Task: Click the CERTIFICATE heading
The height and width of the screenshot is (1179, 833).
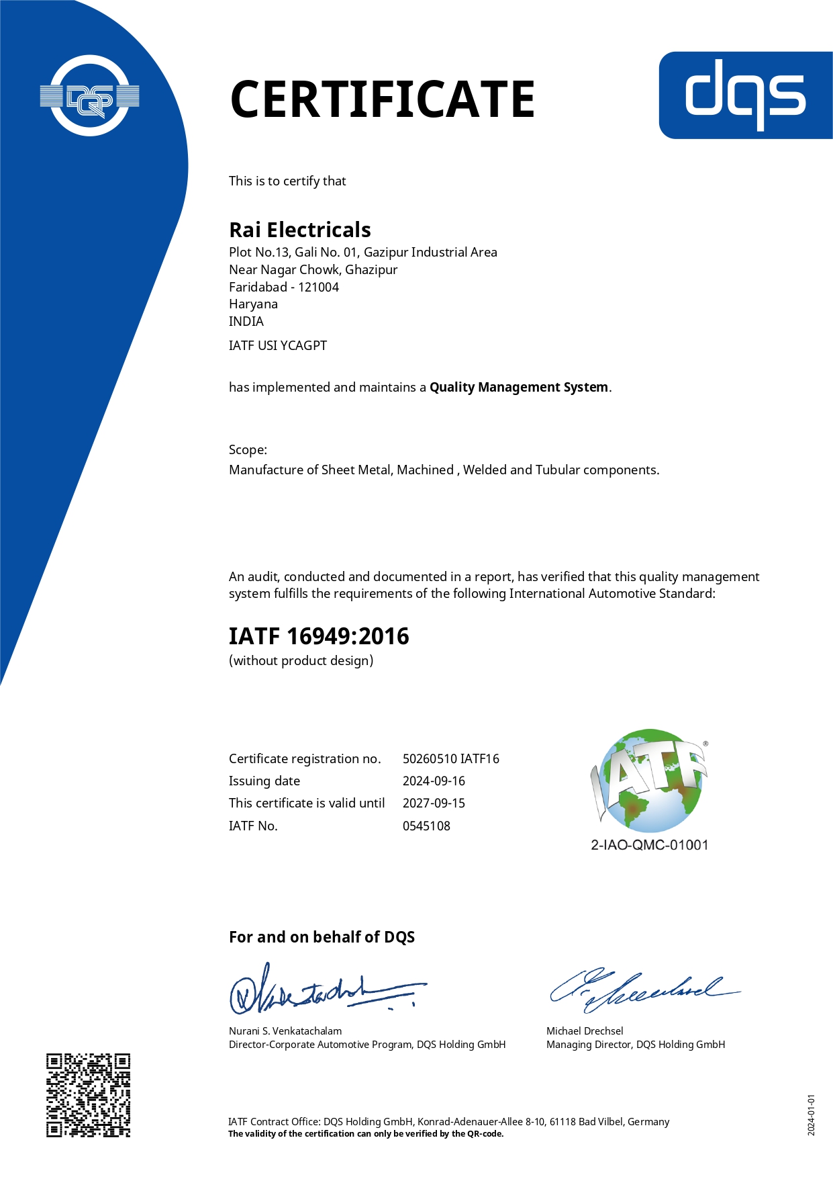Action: click(x=382, y=99)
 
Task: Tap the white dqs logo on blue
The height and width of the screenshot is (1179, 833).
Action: click(x=745, y=95)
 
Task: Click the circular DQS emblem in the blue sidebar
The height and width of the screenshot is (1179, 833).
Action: click(x=89, y=96)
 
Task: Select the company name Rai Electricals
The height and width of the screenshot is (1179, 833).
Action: click(x=299, y=230)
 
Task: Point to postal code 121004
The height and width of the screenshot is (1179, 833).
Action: click(x=318, y=288)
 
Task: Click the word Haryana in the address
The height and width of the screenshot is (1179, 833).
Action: click(x=253, y=304)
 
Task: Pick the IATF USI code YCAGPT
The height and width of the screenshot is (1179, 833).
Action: click(x=303, y=346)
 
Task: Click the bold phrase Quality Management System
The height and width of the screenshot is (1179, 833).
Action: click(x=519, y=388)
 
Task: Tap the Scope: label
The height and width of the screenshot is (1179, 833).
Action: click(x=248, y=450)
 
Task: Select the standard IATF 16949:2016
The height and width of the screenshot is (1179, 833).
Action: click(x=319, y=636)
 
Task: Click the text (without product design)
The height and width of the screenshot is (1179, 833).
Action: click(x=301, y=661)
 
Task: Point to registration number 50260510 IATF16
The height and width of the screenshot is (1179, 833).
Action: click(x=450, y=759)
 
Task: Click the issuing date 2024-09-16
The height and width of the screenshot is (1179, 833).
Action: click(x=434, y=781)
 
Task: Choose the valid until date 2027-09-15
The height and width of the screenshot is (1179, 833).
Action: click(x=434, y=803)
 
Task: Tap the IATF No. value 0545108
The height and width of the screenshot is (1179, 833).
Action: click(x=426, y=826)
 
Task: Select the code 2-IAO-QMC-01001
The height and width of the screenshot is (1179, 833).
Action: click(x=649, y=845)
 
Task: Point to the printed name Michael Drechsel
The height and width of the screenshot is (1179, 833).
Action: click(x=585, y=1031)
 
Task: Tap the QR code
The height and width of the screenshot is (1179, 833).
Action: click(x=88, y=1095)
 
